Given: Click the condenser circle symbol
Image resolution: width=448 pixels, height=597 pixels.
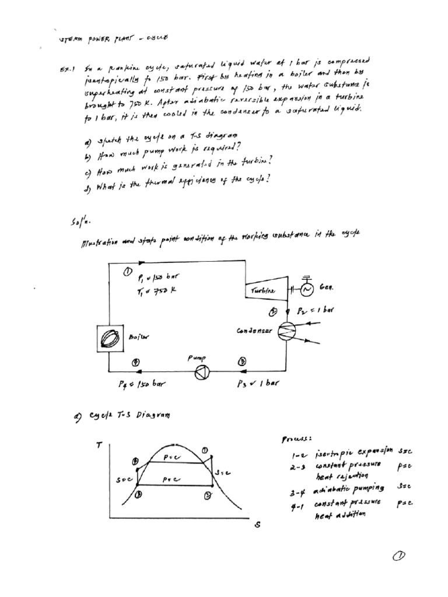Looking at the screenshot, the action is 286,331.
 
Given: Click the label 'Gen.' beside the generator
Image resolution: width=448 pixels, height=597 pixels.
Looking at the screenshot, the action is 325,288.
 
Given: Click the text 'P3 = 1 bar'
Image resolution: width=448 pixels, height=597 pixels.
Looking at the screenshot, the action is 256,384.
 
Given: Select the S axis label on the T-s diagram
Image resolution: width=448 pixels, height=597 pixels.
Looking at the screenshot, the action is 257,525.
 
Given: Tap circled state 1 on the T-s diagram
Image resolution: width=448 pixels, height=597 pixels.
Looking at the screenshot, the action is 205,449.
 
